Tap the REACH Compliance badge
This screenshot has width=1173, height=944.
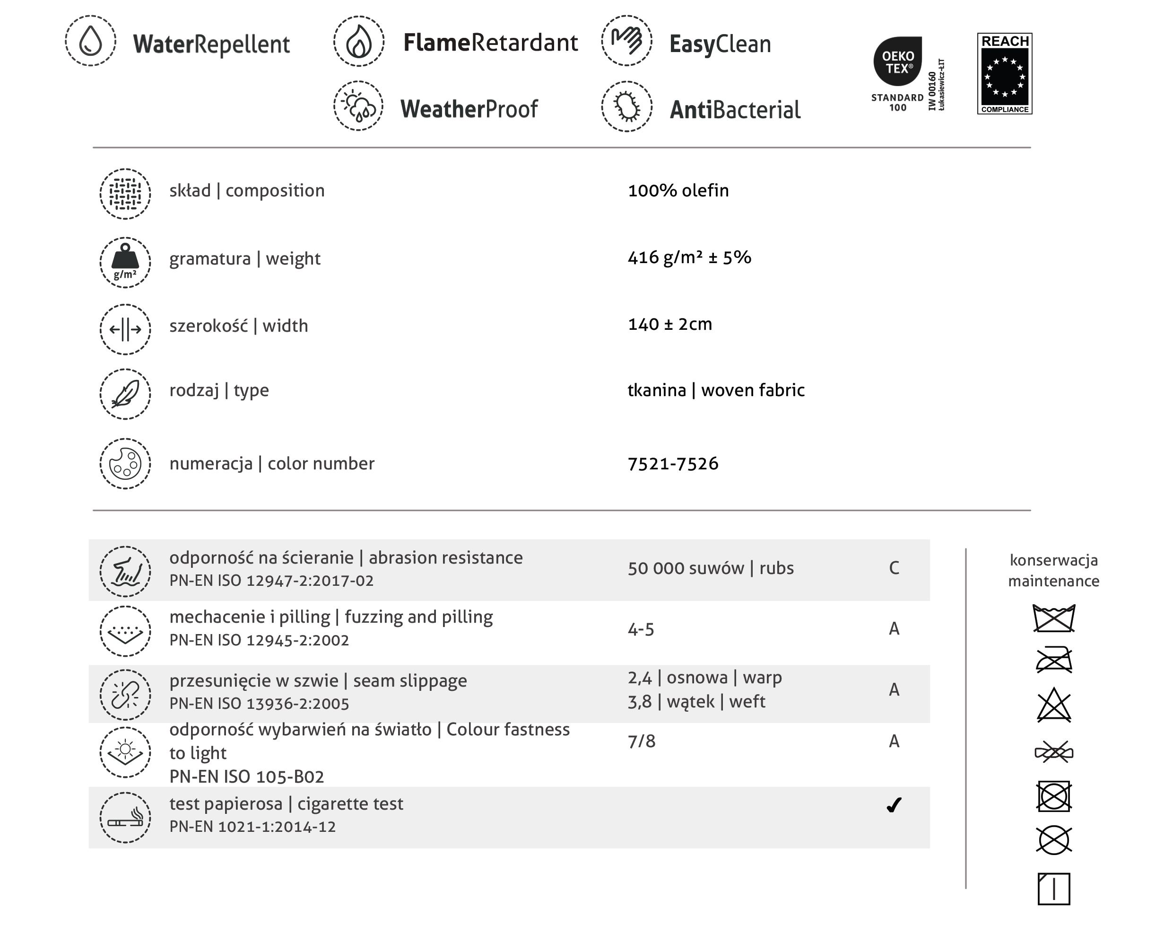(x=1004, y=73)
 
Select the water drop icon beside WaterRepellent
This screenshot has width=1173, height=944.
(x=90, y=41)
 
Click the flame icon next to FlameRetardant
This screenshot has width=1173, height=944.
(x=358, y=41)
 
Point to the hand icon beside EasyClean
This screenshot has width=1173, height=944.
(x=626, y=41)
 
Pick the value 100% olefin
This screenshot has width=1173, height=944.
(x=678, y=191)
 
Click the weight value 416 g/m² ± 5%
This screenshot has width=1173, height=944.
(x=689, y=257)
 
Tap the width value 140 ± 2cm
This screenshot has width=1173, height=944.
(x=670, y=325)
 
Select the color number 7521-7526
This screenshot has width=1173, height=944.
(x=672, y=464)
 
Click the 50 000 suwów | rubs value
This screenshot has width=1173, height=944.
(x=711, y=568)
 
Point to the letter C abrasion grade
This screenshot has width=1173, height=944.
(x=894, y=568)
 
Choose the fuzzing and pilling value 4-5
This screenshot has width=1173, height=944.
(x=641, y=630)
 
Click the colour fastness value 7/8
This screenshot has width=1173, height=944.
(x=642, y=741)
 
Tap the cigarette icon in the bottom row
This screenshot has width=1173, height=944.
(x=125, y=818)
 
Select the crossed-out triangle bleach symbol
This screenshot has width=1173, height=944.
(x=1054, y=706)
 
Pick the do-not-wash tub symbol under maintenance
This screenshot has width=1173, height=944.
(x=1054, y=618)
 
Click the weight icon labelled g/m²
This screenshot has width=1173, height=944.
(x=125, y=262)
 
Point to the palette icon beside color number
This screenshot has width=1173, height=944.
(x=125, y=464)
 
